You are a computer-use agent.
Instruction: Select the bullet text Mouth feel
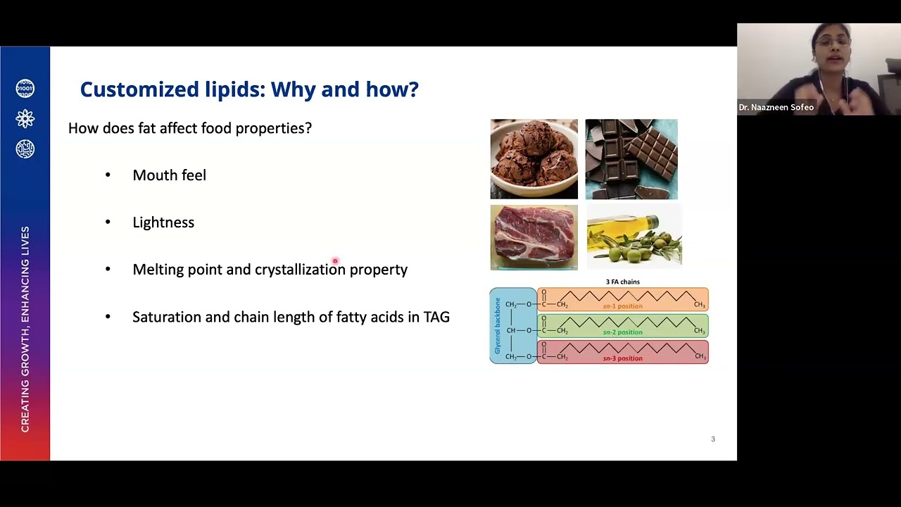169,175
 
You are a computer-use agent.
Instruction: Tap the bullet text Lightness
163,223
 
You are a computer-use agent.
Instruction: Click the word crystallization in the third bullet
300,270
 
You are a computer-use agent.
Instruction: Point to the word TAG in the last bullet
436,317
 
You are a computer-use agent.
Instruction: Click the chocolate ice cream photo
534,159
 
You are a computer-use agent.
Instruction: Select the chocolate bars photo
631,159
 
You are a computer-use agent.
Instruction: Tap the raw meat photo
534,237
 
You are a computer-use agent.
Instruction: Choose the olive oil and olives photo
634,237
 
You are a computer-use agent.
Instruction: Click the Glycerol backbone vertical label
498,325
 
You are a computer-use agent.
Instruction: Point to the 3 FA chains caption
622,282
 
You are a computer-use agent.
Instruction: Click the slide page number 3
713,439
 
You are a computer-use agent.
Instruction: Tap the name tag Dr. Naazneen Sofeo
776,108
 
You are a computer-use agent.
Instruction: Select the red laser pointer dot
335,261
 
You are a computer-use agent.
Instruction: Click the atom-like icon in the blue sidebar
25,118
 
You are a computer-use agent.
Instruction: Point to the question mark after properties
308,128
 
